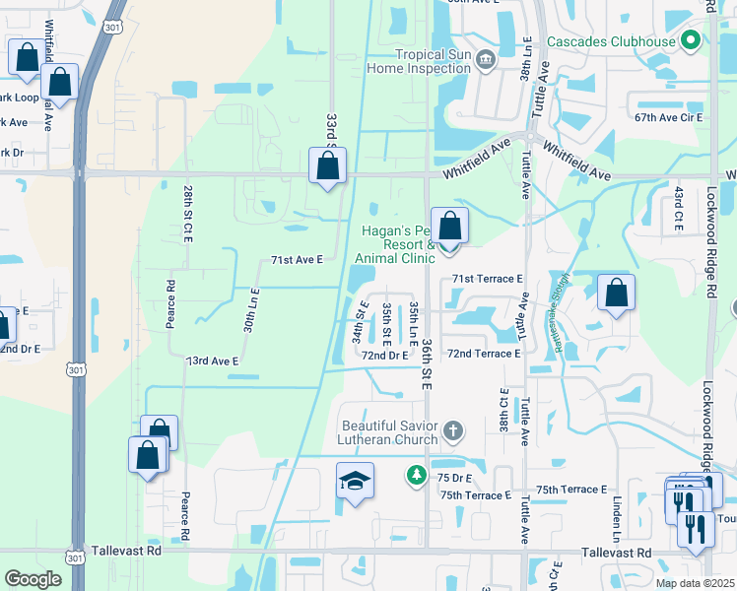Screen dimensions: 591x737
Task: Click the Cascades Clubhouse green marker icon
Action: point(691,41)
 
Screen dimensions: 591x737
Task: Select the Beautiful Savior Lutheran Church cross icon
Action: point(452,429)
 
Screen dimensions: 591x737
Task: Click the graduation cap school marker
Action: point(355,481)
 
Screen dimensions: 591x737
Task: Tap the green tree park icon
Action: point(417,476)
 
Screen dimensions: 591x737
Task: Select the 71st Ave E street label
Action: point(298,260)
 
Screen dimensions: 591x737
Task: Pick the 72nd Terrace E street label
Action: point(483,353)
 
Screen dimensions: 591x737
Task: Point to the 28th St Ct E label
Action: point(186,213)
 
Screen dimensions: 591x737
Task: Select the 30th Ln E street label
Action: point(251,307)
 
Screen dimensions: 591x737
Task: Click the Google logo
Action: point(33,579)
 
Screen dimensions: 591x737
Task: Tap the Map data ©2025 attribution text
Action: point(695,583)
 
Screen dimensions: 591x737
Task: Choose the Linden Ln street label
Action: point(616,518)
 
